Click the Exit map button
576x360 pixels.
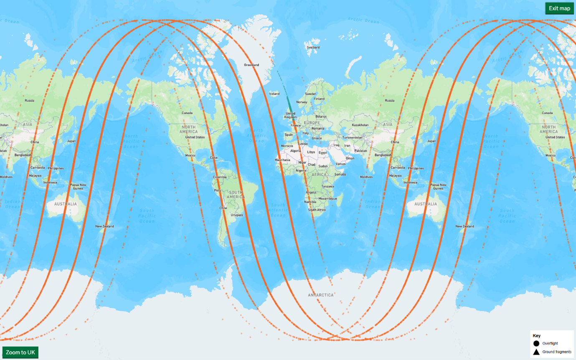point(559,8)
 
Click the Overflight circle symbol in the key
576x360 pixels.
point(536,343)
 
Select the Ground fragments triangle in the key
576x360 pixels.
point(536,352)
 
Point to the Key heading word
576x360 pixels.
point(537,336)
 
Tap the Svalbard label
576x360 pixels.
point(313,48)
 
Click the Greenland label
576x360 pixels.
point(251,65)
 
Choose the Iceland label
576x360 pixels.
point(274,94)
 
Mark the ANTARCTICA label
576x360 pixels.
point(321,295)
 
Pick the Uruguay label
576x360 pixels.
point(236,215)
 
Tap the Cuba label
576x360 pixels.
point(214,157)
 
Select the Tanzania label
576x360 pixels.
point(327,186)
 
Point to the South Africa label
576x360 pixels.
point(317,210)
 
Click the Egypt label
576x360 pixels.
point(323,152)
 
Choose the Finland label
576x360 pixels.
point(319,99)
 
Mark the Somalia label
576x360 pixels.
point(340,174)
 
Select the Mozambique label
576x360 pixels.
point(327,198)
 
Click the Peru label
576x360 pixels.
point(218,190)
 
